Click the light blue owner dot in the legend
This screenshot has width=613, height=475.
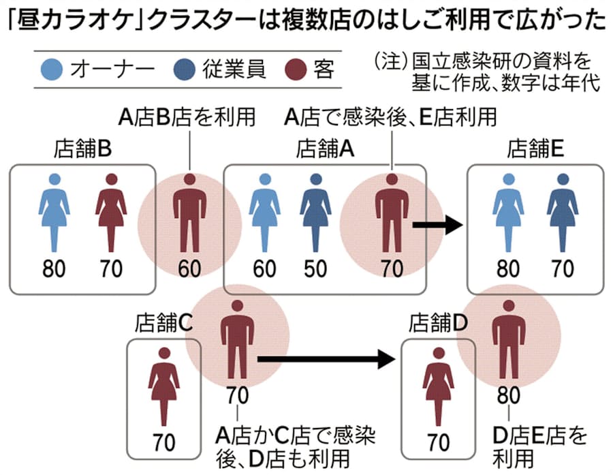click(x=57, y=70)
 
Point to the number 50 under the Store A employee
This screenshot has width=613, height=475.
click(x=315, y=269)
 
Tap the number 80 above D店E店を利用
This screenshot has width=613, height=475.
click(x=508, y=395)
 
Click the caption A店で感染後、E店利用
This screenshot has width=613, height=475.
click(x=390, y=117)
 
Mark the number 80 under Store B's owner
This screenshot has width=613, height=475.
click(x=54, y=269)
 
